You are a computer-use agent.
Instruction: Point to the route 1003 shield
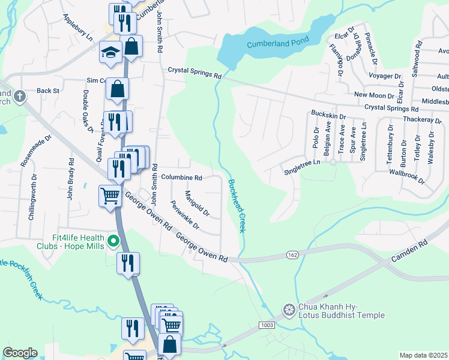pyautogui.click(x=267, y=325)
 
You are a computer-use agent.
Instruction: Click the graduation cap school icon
pyautogui.click(x=110, y=52)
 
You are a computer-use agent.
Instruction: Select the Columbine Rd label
pyautogui.click(x=181, y=178)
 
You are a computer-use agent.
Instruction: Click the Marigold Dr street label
pyautogui.click(x=197, y=203)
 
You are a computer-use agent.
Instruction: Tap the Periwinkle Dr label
pyautogui.click(x=185, y=214)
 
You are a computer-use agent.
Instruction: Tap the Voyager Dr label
pyautogui.click(x=384, y=76)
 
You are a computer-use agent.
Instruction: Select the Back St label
pyautogui.click(x=48, y=91)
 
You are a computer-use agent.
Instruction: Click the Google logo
pyautogui.click(x=20, y=353)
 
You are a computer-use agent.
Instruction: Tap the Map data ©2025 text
pyautogui.click(x=423, y=355)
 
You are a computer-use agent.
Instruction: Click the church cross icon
pyautogui.click(x=19, y=96)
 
